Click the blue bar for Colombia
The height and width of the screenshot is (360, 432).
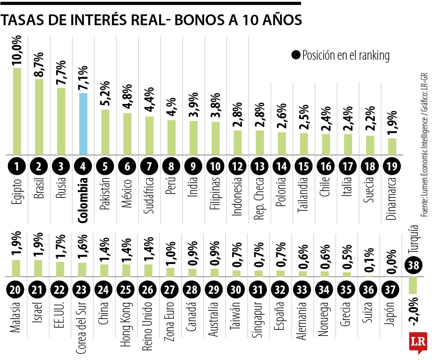point(83,124)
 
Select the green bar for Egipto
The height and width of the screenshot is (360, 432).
point(17,111)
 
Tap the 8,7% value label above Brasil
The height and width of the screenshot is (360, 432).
point(39,64)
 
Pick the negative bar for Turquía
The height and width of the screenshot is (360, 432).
point(413,285)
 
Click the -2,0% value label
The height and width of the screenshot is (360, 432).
point(413,310)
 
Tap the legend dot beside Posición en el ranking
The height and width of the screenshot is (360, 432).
point(296,55)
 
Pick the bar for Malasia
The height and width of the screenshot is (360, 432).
point(16,268)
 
